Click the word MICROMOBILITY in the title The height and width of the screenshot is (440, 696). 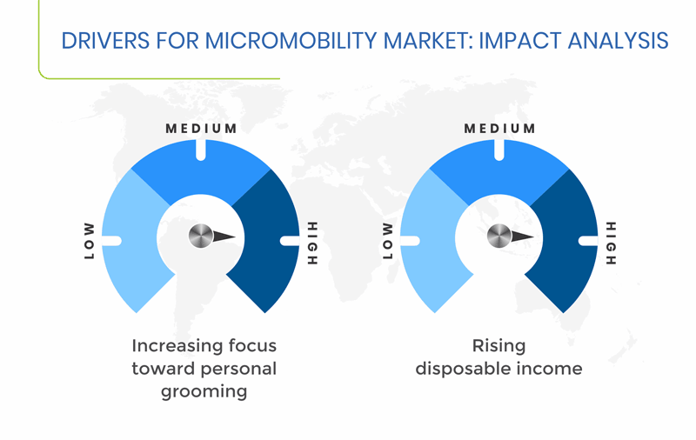291,41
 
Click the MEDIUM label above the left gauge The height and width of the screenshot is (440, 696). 201,129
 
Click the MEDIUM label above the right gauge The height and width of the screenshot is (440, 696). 499,129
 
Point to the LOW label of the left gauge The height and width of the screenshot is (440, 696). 90,241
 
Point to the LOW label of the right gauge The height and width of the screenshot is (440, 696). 387,241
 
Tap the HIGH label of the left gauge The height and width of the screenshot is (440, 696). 313,243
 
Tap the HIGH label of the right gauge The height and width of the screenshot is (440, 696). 612,243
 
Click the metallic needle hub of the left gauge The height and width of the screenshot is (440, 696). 201,236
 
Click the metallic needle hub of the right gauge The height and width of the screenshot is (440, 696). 499,236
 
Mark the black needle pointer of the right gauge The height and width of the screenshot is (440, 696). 522,236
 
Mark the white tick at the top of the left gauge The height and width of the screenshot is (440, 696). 201,150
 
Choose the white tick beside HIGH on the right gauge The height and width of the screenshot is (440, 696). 588,241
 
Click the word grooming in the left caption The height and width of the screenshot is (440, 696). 204,392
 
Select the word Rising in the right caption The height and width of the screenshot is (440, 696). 499,346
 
